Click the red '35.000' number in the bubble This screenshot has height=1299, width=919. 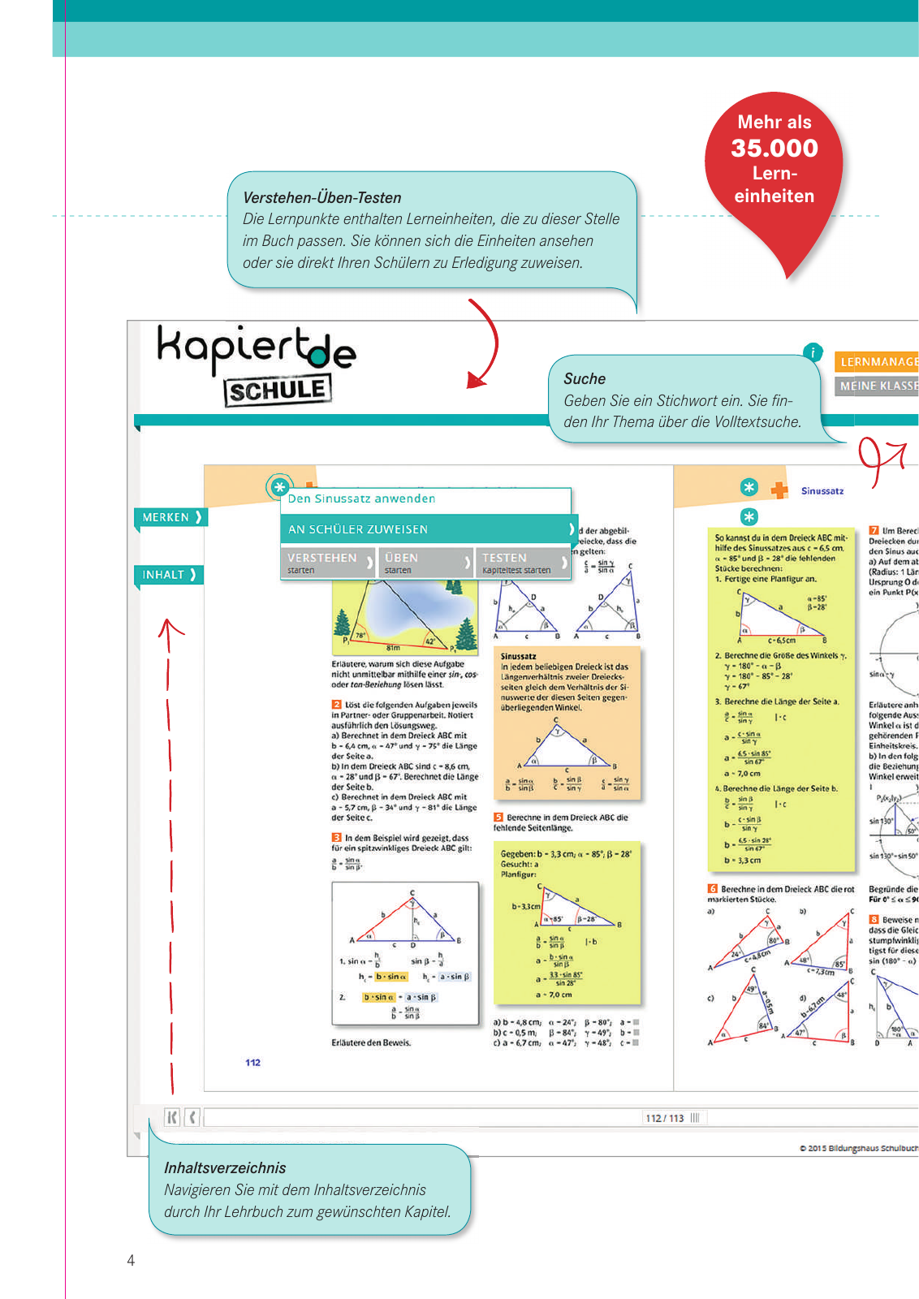tap(774, 148)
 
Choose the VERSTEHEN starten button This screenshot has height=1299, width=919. tap(328, 562)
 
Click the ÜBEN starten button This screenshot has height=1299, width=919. tap(426, 562)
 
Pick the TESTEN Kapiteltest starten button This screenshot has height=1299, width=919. tap(523, 562)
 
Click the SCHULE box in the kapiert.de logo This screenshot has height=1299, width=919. tap(277, 391)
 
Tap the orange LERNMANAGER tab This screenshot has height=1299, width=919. tap(878, 362)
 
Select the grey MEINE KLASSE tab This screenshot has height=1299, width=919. tap(878, 386)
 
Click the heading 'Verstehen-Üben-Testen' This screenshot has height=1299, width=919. tap(322, 197)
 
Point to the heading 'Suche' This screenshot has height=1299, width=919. tap(585, 378)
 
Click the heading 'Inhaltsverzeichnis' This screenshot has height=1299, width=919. tap(225, 1167)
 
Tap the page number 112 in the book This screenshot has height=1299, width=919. tap(253, 1062)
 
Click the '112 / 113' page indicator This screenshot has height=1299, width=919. tap(664, 1118)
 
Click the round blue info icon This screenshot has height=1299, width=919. tap(813, 352)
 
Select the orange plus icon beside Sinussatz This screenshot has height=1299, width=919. tap(779, 490)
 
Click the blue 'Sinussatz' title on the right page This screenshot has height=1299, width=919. tap(822, 490)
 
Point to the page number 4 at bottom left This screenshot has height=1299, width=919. tap(131, 1260)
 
